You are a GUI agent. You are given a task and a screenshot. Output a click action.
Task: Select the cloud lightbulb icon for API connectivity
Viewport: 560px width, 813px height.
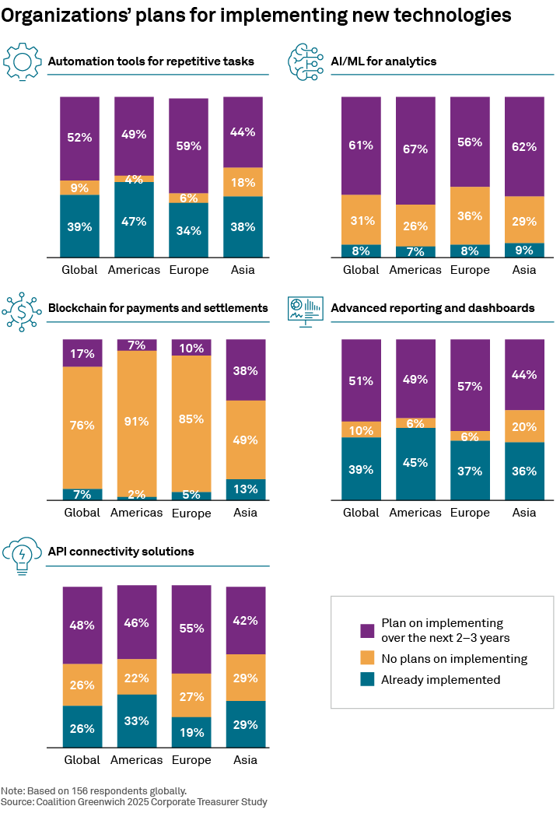[x=21, y=555]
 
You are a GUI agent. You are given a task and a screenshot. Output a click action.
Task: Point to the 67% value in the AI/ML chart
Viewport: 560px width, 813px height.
[x=415, y=149]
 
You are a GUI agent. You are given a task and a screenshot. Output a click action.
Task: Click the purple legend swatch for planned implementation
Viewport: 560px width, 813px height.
[x=368, y=629]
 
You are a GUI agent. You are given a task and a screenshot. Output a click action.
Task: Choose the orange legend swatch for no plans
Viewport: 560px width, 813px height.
[x=368, y=659]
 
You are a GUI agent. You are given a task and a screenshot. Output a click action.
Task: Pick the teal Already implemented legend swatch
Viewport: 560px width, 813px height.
[x=368, y=680]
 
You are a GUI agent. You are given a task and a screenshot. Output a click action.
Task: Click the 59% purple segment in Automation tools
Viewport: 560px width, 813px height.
[x=188, y=145]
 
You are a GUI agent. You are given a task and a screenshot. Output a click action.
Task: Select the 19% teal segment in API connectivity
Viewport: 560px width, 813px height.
[x=191, y=732]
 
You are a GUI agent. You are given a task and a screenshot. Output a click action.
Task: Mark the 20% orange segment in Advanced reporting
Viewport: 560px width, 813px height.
[x=524, y=426]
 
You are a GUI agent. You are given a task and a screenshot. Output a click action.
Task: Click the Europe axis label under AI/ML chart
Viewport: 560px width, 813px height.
[x=470, y=270]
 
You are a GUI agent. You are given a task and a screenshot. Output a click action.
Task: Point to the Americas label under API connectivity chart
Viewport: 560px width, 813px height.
[x=136, y=759]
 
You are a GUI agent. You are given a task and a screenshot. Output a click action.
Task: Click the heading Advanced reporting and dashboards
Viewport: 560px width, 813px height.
[x=432, y=308]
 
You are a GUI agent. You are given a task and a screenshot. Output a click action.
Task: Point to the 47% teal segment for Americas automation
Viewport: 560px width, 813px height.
[x=134, y=220]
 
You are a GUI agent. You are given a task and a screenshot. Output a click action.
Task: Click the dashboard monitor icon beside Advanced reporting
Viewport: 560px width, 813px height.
[x=305, y=310]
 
